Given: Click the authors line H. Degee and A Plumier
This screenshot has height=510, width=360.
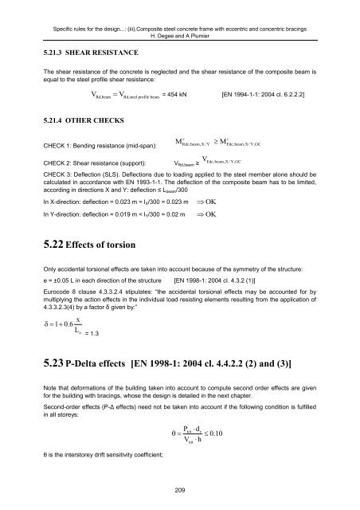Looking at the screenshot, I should (180, 23).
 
